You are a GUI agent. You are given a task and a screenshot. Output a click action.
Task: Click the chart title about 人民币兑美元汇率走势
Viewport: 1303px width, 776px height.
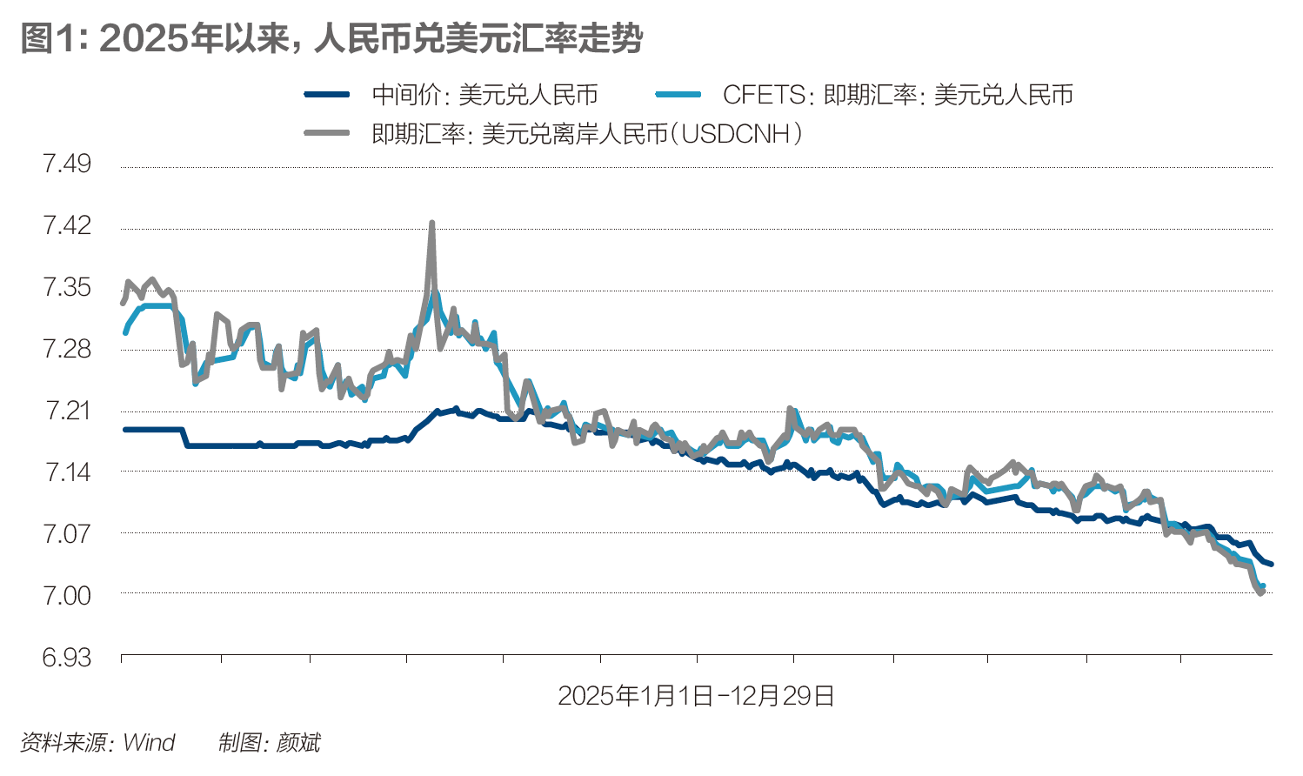click(331, 39)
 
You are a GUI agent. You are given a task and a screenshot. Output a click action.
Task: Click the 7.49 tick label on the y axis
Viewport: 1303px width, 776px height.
click(67, 164)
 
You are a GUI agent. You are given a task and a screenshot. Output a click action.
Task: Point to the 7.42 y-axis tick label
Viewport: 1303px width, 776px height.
click(67, 225)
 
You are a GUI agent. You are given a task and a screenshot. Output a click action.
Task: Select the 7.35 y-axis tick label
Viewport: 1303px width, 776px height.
click(67, 287)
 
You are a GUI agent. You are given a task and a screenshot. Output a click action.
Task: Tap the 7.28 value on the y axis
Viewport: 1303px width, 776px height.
click(67, 349)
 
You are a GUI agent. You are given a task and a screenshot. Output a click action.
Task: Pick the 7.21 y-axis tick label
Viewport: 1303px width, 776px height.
click(67, 410)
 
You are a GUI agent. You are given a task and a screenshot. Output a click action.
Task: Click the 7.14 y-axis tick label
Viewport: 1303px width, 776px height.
click(67, 472)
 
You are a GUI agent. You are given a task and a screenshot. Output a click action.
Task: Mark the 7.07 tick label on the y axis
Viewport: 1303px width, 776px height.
click(67, 533)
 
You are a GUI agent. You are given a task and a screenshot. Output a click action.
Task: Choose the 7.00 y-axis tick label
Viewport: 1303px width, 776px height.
click(67, 595)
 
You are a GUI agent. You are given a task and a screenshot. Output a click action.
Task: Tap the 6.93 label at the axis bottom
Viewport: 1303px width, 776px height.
click(67, 657)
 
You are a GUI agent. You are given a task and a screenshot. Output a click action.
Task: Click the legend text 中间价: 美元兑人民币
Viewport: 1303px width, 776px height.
click(484, 95)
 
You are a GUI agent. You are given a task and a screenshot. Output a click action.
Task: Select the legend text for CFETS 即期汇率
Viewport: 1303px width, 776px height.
click(898, 95)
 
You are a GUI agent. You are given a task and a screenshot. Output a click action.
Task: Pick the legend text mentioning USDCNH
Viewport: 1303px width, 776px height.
click(587, 134)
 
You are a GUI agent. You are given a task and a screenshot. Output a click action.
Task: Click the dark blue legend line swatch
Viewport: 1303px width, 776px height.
click(327, 95)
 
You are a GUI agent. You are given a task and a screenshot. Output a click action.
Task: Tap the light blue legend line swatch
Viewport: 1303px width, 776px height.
click(678, 95)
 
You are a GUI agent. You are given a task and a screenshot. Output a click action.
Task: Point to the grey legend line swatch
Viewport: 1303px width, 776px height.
click(327, 134)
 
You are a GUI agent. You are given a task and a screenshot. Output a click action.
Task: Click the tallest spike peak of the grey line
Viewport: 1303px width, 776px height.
click(431, 224)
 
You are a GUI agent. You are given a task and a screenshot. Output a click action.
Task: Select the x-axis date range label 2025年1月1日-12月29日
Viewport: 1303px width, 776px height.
click(696, 696)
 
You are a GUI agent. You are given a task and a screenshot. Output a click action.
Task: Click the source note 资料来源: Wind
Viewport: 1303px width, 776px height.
click(97, 743)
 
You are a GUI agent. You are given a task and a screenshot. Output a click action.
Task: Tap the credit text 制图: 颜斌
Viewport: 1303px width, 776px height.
click(269, 743)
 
